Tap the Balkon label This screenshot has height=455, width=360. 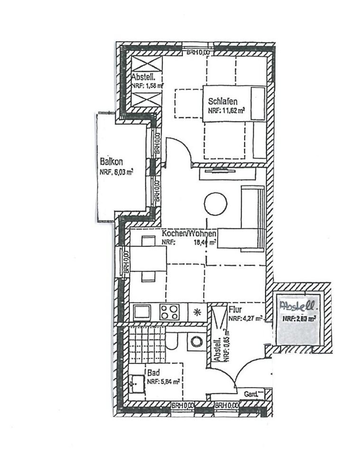coord(109,161)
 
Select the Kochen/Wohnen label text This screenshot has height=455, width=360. coord(189,234)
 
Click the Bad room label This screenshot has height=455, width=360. coord(152,373)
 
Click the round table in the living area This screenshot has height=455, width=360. coord(215,204)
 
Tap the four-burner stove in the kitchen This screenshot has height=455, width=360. coord(170,312)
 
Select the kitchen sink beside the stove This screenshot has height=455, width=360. coord(142,312)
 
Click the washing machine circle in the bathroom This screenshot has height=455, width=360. coord(195,340)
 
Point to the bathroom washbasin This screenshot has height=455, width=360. coord(137,382)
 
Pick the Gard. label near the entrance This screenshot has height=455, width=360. coord(251,394)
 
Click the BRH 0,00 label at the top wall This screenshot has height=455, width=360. coord(197,52)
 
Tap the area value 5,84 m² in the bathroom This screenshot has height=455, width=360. coord(168,381)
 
